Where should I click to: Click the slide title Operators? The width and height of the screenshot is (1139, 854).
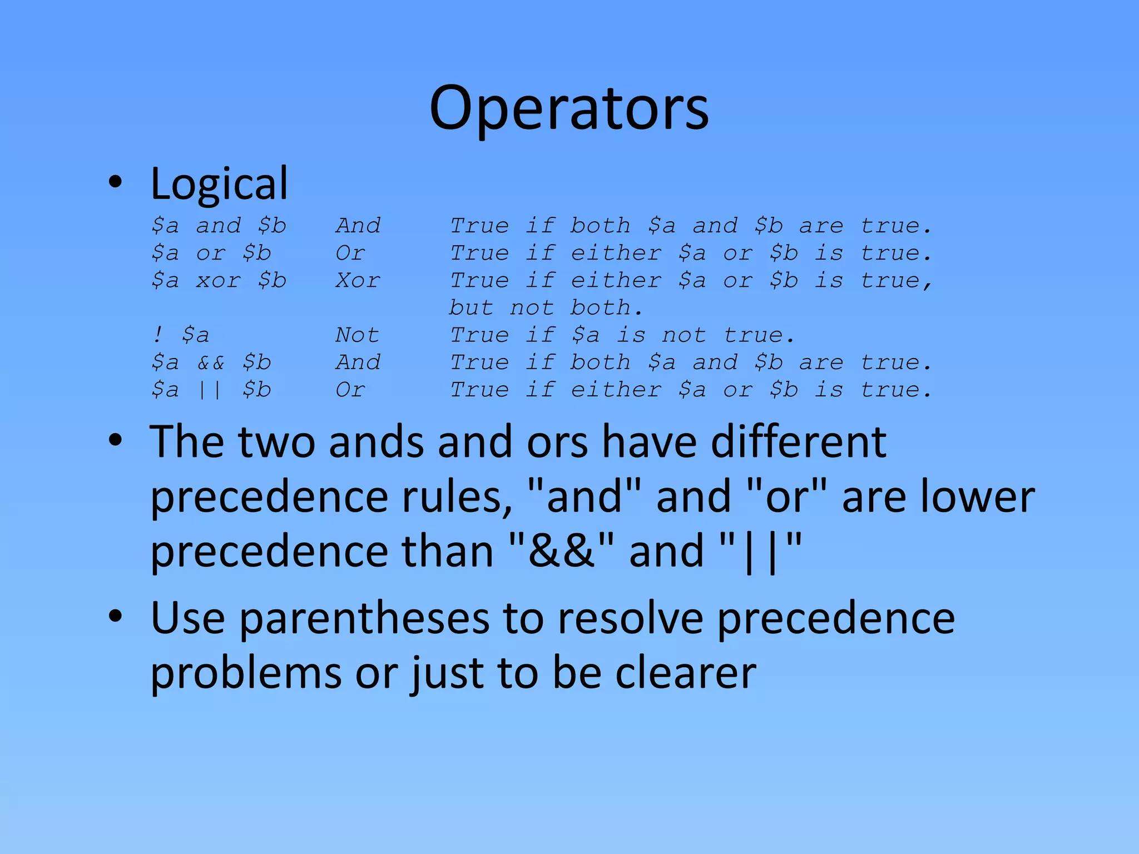pyautogui.click(x=569, y=108)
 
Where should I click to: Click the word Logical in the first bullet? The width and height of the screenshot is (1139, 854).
pyautogui.click(x=219, y=183)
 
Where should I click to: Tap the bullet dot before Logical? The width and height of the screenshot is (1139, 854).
pyautogui.click(x=115, y=182)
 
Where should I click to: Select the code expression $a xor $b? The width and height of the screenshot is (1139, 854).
pyautogui.click(x=219, y=280)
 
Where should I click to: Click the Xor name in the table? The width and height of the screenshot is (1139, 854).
pyautogui.click(x=358, y=280)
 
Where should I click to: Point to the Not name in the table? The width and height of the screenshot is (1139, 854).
pyautogui.click(x=357, y=335)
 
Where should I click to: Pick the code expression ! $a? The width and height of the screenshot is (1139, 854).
pyautogui.click(x=181, y=335)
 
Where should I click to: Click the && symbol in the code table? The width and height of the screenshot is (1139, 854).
pyautogui.click(x=211, y=363)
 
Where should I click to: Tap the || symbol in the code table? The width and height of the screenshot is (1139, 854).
pyautogui.click(x=210, y=390)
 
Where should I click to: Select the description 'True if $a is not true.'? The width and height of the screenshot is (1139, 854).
pyautogui.click(x=622, y=335)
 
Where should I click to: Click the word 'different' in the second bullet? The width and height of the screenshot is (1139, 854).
pyautogui.click(x=799, y=442)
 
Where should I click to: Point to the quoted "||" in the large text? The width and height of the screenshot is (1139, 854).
pyautogui.click(x=760, y=550)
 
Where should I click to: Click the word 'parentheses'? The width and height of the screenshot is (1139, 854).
pyautogui.click(x=365, y=619)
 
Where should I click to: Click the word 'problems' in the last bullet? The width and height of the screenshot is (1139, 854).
pyautogui.click(x=246, y=673)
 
